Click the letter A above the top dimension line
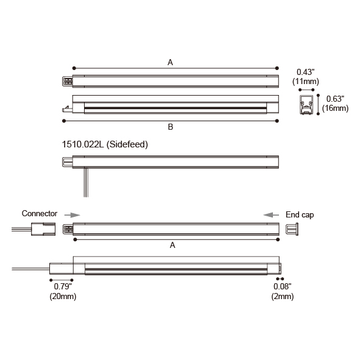[170, 62]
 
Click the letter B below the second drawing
[171, 127]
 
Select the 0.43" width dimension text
[306, 72]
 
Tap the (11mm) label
[306, 82]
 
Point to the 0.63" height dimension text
[335, 99]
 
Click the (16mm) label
[335, 108]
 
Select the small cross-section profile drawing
[306, 105]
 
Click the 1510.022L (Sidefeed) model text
[105, 144]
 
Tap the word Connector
[40, 214]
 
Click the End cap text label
[300, 215]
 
